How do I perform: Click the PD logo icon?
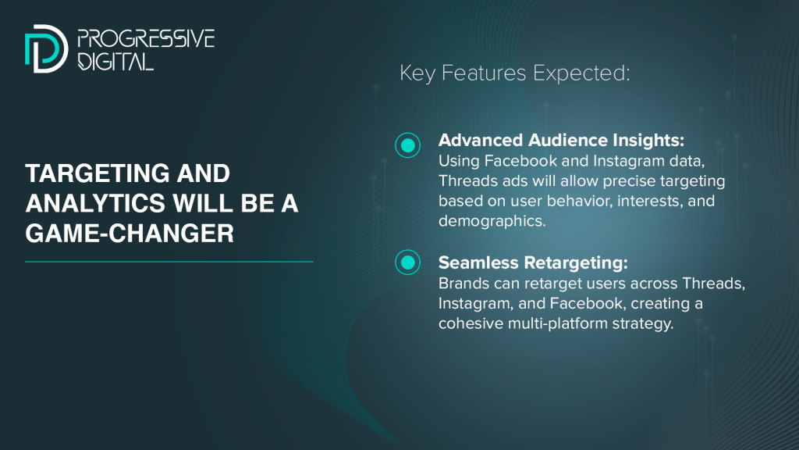[46, 48]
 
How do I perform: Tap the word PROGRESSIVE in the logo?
[146, 39]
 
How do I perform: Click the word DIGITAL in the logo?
[115, 61]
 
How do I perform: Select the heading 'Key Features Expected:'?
[515, 73]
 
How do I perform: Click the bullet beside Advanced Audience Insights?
[407, 145]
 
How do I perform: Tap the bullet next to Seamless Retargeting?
[407, 262]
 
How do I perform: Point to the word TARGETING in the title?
[96, 173]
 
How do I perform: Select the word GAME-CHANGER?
[130, 234]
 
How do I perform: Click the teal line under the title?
[169, 262]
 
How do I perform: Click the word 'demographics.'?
[492, 221]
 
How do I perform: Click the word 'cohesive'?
[471, 323]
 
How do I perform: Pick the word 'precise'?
[630, 181]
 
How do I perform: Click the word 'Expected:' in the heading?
[581, 73]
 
